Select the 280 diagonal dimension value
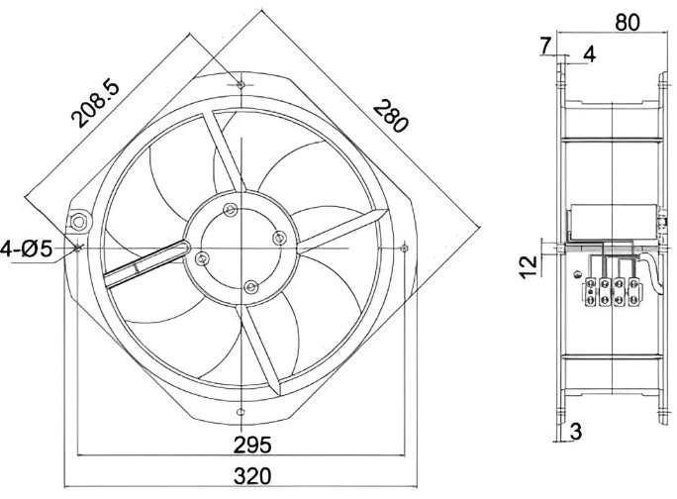tap(391, 116)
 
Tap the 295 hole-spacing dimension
tap(252, 445)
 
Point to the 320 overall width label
tap(252, 476)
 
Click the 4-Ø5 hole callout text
tap(26, 249)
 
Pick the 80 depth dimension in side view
tap(627, 22)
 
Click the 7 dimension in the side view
tap(545, 46)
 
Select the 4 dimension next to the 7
tap(590, 54)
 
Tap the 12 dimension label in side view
tap(528, 267)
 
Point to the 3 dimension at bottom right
tap(576, 431)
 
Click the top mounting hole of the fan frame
tap(241, 84)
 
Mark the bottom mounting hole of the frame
tap(241, 411)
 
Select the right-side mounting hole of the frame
tap(404, 248)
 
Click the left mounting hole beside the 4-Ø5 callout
tap(78, 248)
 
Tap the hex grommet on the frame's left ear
tap(78, 223)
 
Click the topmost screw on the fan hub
tap(231, 210)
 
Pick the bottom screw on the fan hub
tap(250, 286)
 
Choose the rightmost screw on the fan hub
tap(279, 238)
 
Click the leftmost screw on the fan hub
tap(202, 258)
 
